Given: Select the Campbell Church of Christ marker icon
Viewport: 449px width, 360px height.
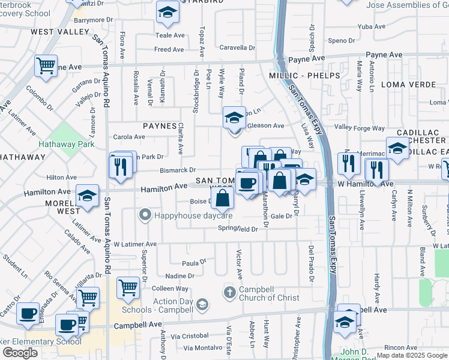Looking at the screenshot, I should click(229, 292).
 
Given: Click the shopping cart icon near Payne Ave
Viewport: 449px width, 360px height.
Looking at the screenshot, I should click(46, 65).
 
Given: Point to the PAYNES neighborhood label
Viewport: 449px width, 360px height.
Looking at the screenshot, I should click(160, 127).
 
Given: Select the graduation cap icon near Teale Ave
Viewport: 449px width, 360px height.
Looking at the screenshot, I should click(167, 13).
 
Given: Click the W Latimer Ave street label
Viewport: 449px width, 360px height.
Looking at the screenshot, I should click(134, 244).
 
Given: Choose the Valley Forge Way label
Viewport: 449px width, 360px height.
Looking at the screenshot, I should click(360, 128).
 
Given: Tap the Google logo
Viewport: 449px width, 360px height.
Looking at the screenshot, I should click(20, 353).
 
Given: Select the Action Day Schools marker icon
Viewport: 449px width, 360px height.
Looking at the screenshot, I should click(203, 305).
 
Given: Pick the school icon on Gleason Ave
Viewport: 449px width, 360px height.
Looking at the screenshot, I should click(234, 118).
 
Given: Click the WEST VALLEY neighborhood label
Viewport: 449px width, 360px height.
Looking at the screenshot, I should click(51, 31).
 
